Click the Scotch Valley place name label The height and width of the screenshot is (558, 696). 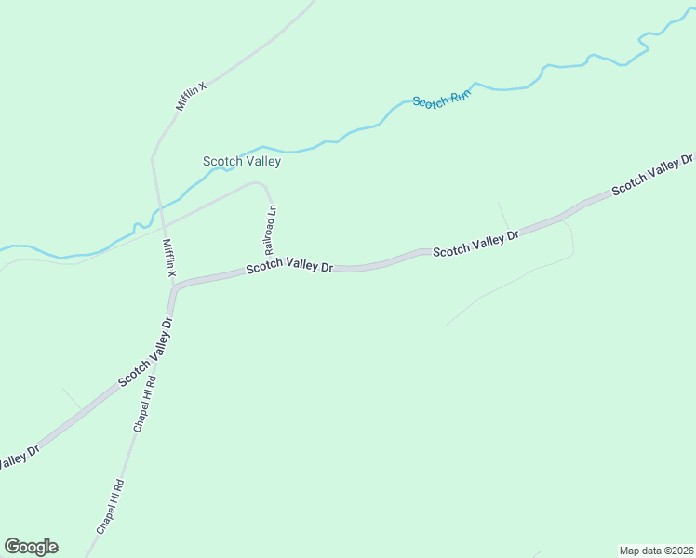point(242,161)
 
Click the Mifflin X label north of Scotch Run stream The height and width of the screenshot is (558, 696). point(192,96)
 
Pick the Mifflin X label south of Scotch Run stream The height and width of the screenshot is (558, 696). point(169,257)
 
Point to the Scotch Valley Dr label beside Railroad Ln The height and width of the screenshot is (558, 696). point(289,267)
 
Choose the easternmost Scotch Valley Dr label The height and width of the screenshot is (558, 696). point(651,176)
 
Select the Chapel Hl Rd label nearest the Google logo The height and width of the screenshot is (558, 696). point(110,505)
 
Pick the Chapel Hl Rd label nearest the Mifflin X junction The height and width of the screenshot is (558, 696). point(144,405)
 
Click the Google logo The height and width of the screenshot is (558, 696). point(31,547)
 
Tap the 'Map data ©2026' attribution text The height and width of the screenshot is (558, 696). point(656,551)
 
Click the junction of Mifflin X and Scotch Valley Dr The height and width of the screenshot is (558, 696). point(174,287)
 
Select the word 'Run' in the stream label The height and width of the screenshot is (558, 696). point(458,95)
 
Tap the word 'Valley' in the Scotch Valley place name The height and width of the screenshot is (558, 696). point(261,161)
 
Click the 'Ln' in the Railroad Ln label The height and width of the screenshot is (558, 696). point(273,210)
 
